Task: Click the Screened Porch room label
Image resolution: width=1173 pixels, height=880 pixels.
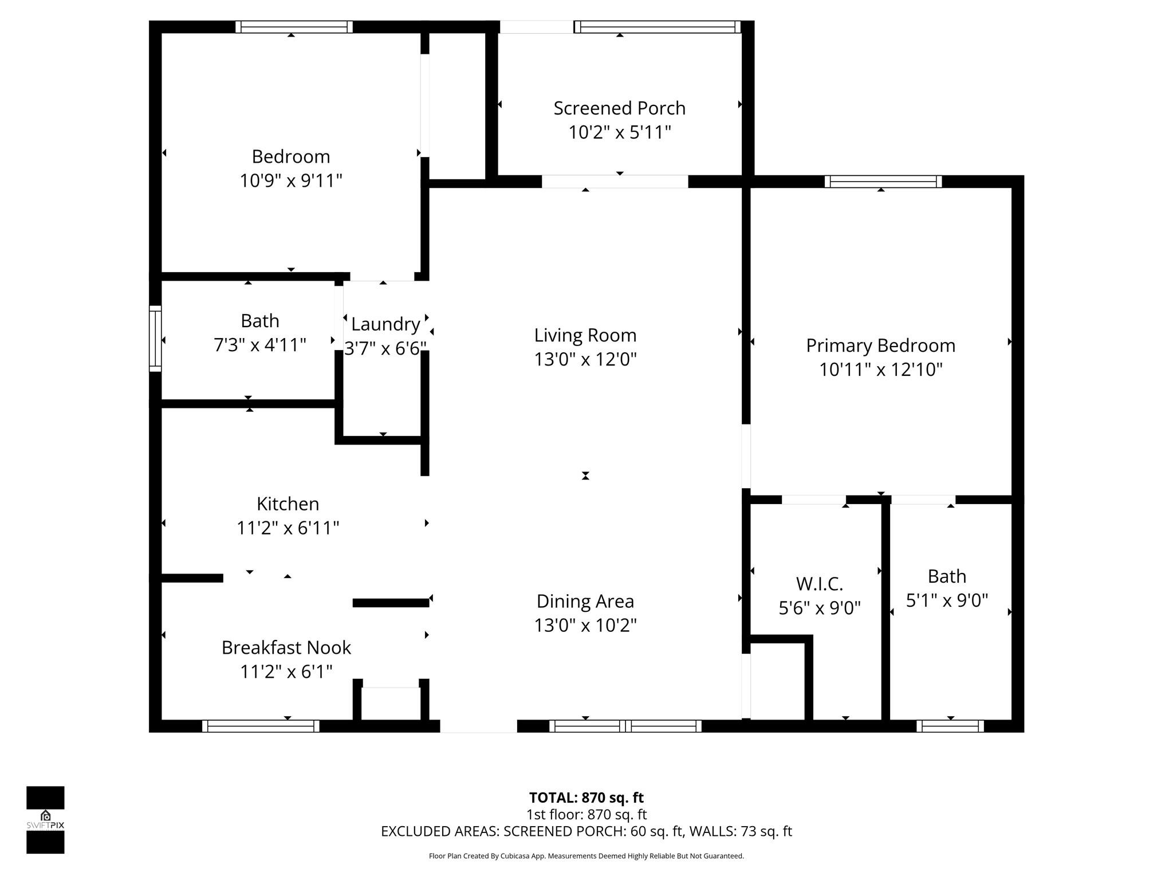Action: [619, 108]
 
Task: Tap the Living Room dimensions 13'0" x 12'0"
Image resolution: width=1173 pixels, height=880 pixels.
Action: [585, 359]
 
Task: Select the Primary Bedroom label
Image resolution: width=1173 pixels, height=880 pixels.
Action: [880, 345]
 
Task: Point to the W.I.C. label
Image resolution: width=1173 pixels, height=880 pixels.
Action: [820, 584]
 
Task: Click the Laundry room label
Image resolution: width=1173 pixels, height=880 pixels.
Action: [385, 324]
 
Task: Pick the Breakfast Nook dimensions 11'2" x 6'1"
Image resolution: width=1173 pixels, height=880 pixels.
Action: [286, 671]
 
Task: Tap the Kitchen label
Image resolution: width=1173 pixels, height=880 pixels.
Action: [288, 504]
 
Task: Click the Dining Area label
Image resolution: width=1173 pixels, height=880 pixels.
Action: [585, 601]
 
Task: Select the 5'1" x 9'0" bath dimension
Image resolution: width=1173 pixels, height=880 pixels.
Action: [947, 600]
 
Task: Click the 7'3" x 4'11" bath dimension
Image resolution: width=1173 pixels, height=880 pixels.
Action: [259, 345]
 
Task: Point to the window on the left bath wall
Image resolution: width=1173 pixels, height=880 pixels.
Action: [155, 339]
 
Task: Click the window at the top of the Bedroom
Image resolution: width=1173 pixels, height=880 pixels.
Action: [294, 27]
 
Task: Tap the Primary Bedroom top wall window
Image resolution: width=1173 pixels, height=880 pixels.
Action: [883, 182]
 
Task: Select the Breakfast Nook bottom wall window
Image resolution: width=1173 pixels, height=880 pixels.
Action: [261, 726]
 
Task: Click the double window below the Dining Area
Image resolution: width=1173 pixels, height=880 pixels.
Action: [625, 726]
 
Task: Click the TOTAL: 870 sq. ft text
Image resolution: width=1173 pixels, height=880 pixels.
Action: [586, 797]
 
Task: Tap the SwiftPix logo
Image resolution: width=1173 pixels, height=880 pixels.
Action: [45, 819]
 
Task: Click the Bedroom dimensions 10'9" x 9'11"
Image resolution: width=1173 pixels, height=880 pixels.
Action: [291, 180]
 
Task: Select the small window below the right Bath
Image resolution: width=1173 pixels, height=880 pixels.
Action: [950, 726]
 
